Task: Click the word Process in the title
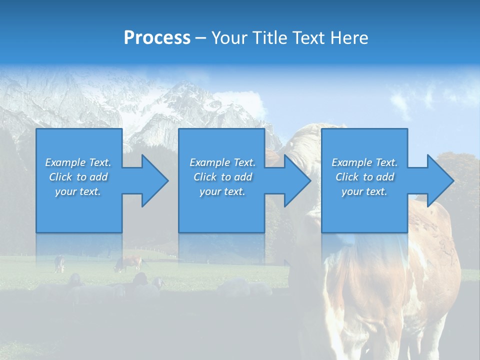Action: pos(157,38)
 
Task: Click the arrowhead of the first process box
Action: pos(155,180)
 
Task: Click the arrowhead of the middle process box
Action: pos(297,180)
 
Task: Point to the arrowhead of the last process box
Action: pos(440,180)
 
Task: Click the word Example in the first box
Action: pos(65,162)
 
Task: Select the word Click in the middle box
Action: pos(205,177)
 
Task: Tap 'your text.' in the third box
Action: pos(364,191)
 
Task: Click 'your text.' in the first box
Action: pos(78,191)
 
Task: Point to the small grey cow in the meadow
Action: pos(60,263)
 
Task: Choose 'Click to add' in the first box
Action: pos(78,177)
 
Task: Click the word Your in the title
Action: pos(229,38)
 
